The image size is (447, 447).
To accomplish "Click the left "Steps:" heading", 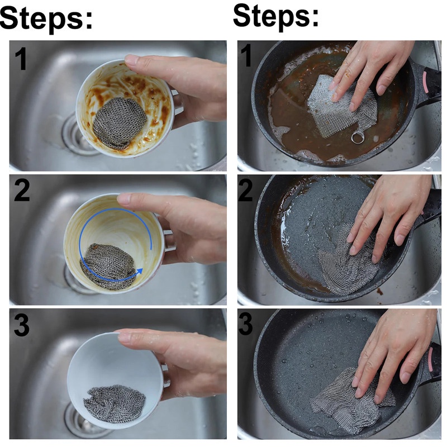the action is [x=46, y=18].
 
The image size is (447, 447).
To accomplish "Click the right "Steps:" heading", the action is [x=275, y=16].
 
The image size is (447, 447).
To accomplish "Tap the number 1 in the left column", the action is [x=21, y=59].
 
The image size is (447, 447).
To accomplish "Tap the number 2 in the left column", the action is [x=22, y=191].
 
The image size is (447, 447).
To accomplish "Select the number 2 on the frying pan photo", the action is [x=245, y=191].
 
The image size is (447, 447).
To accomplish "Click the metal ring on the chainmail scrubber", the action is [x=358, y=138].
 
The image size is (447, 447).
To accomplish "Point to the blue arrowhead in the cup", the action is [x=139, y=271].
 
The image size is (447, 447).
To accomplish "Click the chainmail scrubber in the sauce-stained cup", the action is [x=120, y=122].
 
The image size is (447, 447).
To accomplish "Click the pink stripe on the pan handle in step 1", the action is [x=426, y=82].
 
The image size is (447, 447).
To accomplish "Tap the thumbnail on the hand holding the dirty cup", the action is [x=132, y=60].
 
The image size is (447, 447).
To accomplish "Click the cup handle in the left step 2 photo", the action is [x=169, y=241].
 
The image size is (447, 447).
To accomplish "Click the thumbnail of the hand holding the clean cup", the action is [x=125, y=337].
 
